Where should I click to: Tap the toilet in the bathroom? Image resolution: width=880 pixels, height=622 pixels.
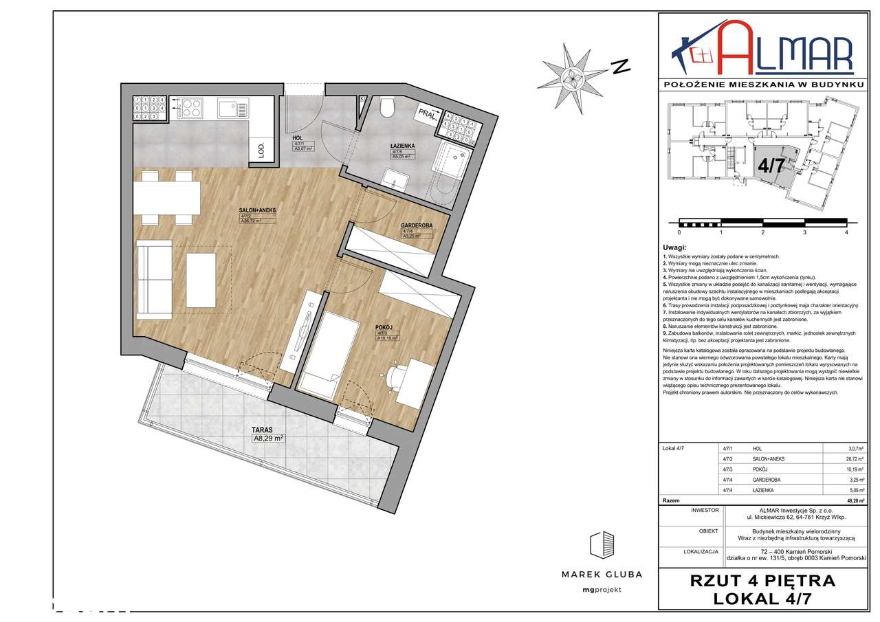pos(386,107)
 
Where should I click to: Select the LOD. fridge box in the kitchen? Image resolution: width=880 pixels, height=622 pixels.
pos(262,150)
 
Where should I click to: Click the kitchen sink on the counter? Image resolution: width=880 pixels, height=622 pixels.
pos(228,109)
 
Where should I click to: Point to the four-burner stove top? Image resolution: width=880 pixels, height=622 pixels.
pos(190,109)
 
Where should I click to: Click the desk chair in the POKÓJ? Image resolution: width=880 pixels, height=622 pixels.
pos(397,375)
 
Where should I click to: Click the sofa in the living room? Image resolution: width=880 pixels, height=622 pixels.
pos(154,280)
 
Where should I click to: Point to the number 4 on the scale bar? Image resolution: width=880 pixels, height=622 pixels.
pos(846,233)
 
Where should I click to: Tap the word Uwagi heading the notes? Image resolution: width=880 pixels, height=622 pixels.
pos(674,246)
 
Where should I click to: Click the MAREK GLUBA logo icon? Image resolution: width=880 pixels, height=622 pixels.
pos(602,546)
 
